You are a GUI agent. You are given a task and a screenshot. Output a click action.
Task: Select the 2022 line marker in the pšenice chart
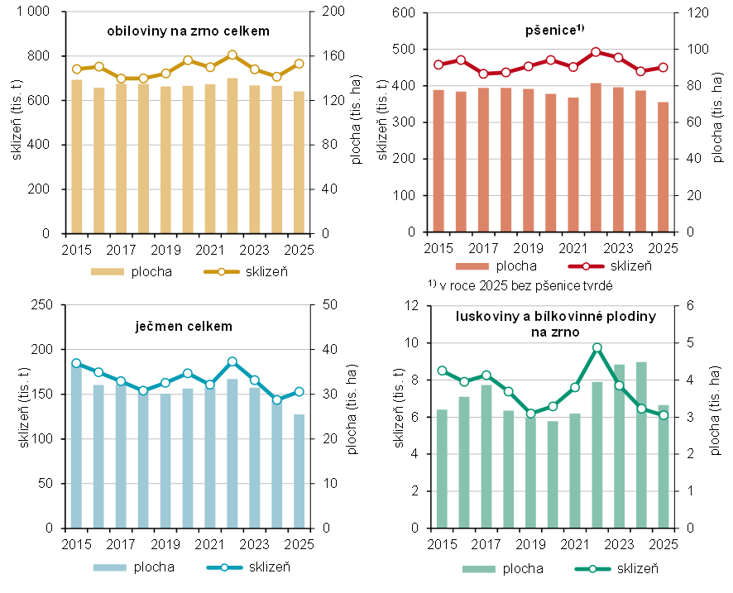tap(596, 52)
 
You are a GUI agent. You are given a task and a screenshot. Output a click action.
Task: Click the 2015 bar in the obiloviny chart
tap(77, 156)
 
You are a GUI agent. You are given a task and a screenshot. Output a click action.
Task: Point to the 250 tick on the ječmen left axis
tap(41, 305)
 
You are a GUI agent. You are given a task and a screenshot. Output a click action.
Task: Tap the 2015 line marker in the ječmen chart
tap(76, 363)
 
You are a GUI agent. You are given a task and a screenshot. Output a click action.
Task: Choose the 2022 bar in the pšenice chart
tap(596, 157)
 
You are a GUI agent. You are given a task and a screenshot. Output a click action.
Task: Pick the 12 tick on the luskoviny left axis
tap(418, 306)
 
